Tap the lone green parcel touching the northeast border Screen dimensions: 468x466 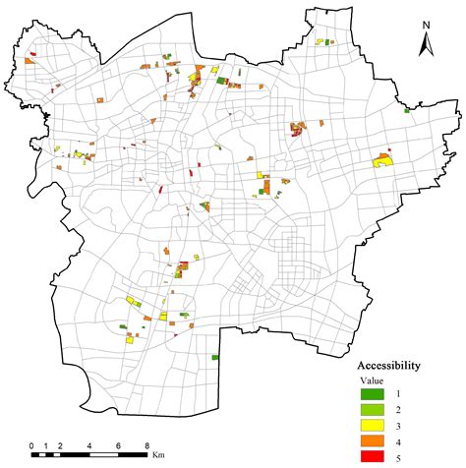point(405,111)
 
